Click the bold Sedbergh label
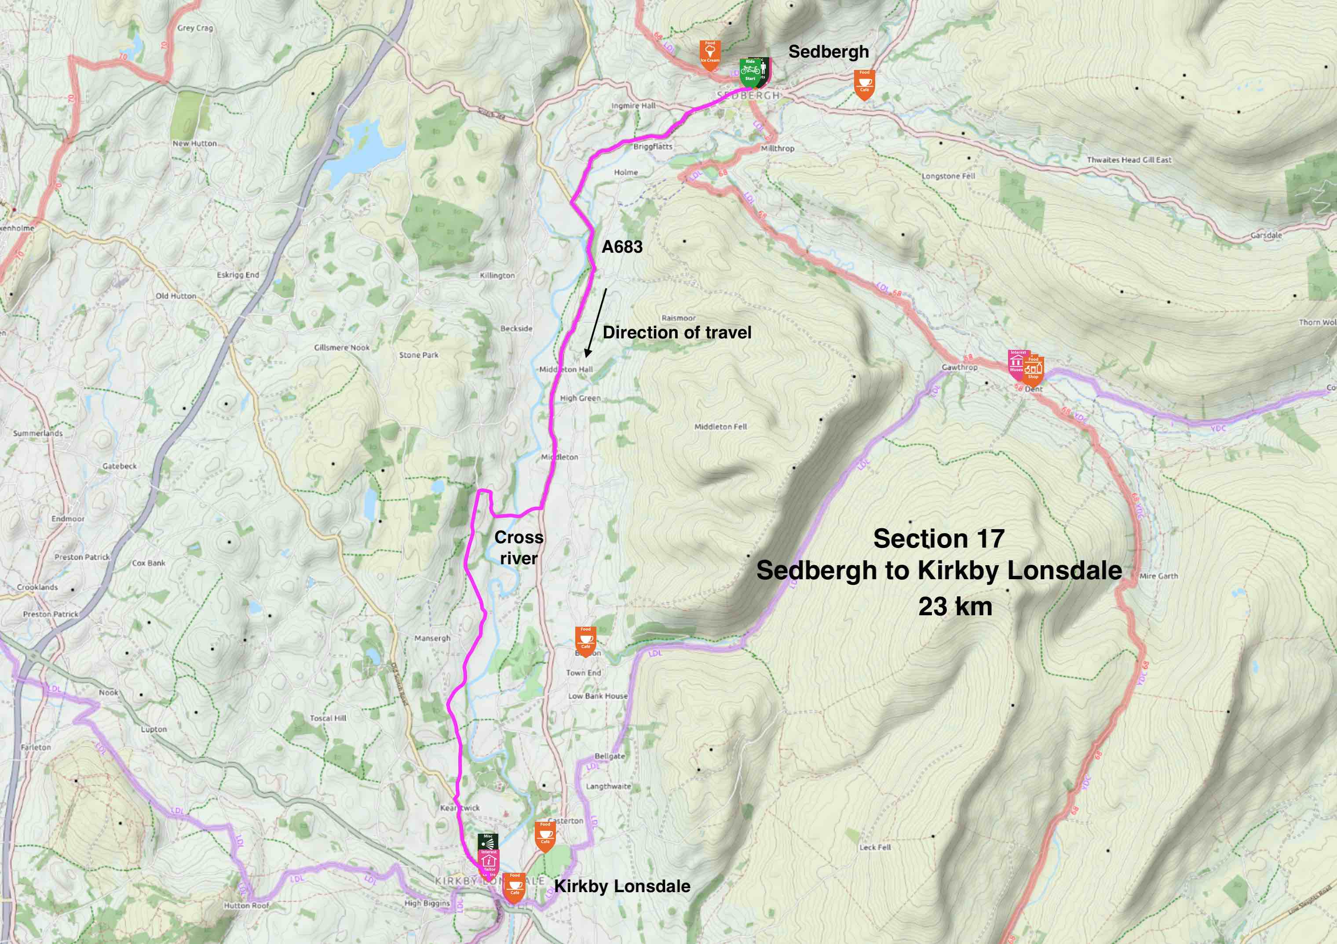point(828,52)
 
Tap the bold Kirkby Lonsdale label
point(622,886)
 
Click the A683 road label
point(622,247)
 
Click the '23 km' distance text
point(955,606)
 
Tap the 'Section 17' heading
point(939,538)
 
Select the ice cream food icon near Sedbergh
point(710,54)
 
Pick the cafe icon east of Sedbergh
point(864,83)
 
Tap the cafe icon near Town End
point(585,640)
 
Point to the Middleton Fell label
point(720,427)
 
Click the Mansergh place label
point(432,638)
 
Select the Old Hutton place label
point(176,296)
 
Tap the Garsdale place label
point(1266,235)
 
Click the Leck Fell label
point(875,847)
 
